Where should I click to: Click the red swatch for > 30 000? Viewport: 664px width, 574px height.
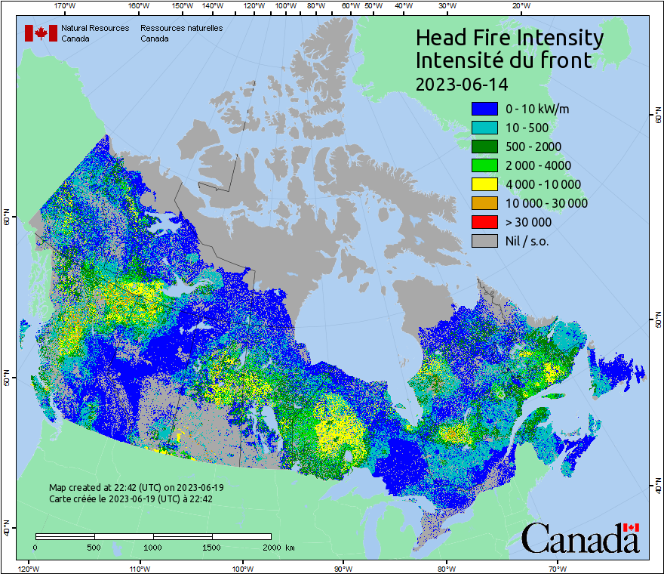tap(484, 222)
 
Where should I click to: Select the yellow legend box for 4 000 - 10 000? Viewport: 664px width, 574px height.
tap(484, 184)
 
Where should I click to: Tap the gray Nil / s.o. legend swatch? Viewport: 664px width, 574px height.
tap(484, 241)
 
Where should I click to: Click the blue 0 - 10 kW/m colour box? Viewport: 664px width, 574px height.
tap(484, 109)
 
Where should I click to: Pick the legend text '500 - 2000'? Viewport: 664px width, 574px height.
tap(533, 147)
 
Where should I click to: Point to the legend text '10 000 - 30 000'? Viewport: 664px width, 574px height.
tap(546, 203)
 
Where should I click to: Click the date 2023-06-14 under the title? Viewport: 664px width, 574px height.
tap(462, 83)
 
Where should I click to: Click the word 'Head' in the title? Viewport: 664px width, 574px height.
tap(444, 38)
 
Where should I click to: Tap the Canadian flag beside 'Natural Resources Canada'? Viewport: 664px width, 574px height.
tap(41, 33)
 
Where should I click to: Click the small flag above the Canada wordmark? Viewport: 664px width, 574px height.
tap(631, 527)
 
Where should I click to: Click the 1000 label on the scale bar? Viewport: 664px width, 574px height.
tap(153, 547)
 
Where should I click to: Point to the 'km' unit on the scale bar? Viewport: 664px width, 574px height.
tap(290, 547)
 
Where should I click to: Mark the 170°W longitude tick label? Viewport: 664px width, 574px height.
tap(66, 5)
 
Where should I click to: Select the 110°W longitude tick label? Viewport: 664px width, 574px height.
tap(139, 568)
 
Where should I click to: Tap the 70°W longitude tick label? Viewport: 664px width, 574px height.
tap(558, 568)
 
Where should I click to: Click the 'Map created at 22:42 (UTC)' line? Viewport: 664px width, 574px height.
tap(136, 488)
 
